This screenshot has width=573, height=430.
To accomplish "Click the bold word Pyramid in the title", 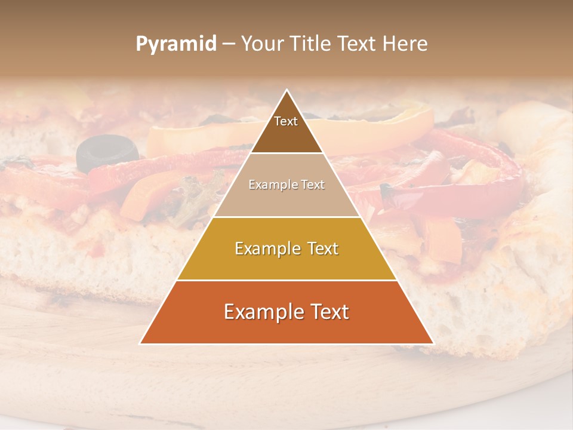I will coord(175,44).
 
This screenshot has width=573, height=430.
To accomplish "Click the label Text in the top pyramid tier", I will coord(286,121).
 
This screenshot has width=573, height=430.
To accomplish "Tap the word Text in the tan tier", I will coord(311,185).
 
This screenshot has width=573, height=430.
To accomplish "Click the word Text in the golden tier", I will coord(319,248).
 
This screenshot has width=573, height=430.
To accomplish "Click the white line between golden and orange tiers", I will coord(286,280).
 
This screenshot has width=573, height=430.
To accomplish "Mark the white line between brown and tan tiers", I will coord(286,153).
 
